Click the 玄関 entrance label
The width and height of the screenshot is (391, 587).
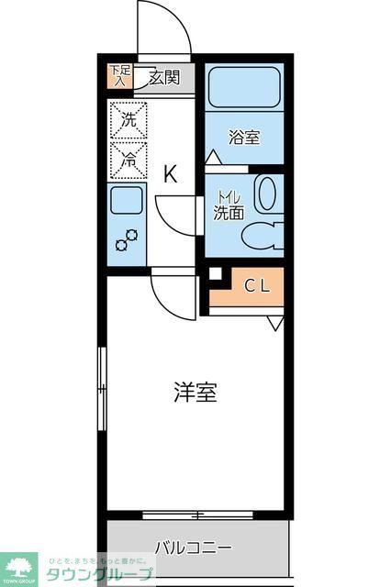pos(166,79)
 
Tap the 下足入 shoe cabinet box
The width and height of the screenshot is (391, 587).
pos(120,77)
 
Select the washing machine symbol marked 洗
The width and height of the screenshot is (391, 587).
pos(128,119)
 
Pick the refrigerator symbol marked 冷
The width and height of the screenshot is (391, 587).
pos(128,159)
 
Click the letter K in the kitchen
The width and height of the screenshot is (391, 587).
pos(171,173)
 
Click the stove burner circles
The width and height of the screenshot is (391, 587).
pos(126,239)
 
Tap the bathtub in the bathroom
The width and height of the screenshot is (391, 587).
pos(243,89)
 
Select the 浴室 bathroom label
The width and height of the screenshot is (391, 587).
pos(244,138)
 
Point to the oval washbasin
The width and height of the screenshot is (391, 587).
pos(266,194)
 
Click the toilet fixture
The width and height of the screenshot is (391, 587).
pos(264,235)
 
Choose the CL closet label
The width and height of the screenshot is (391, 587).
pos(256,285)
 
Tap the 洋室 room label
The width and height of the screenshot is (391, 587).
pos(195,393)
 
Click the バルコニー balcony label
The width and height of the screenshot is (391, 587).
pos(193,548)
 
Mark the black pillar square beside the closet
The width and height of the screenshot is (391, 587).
pos(215,273)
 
